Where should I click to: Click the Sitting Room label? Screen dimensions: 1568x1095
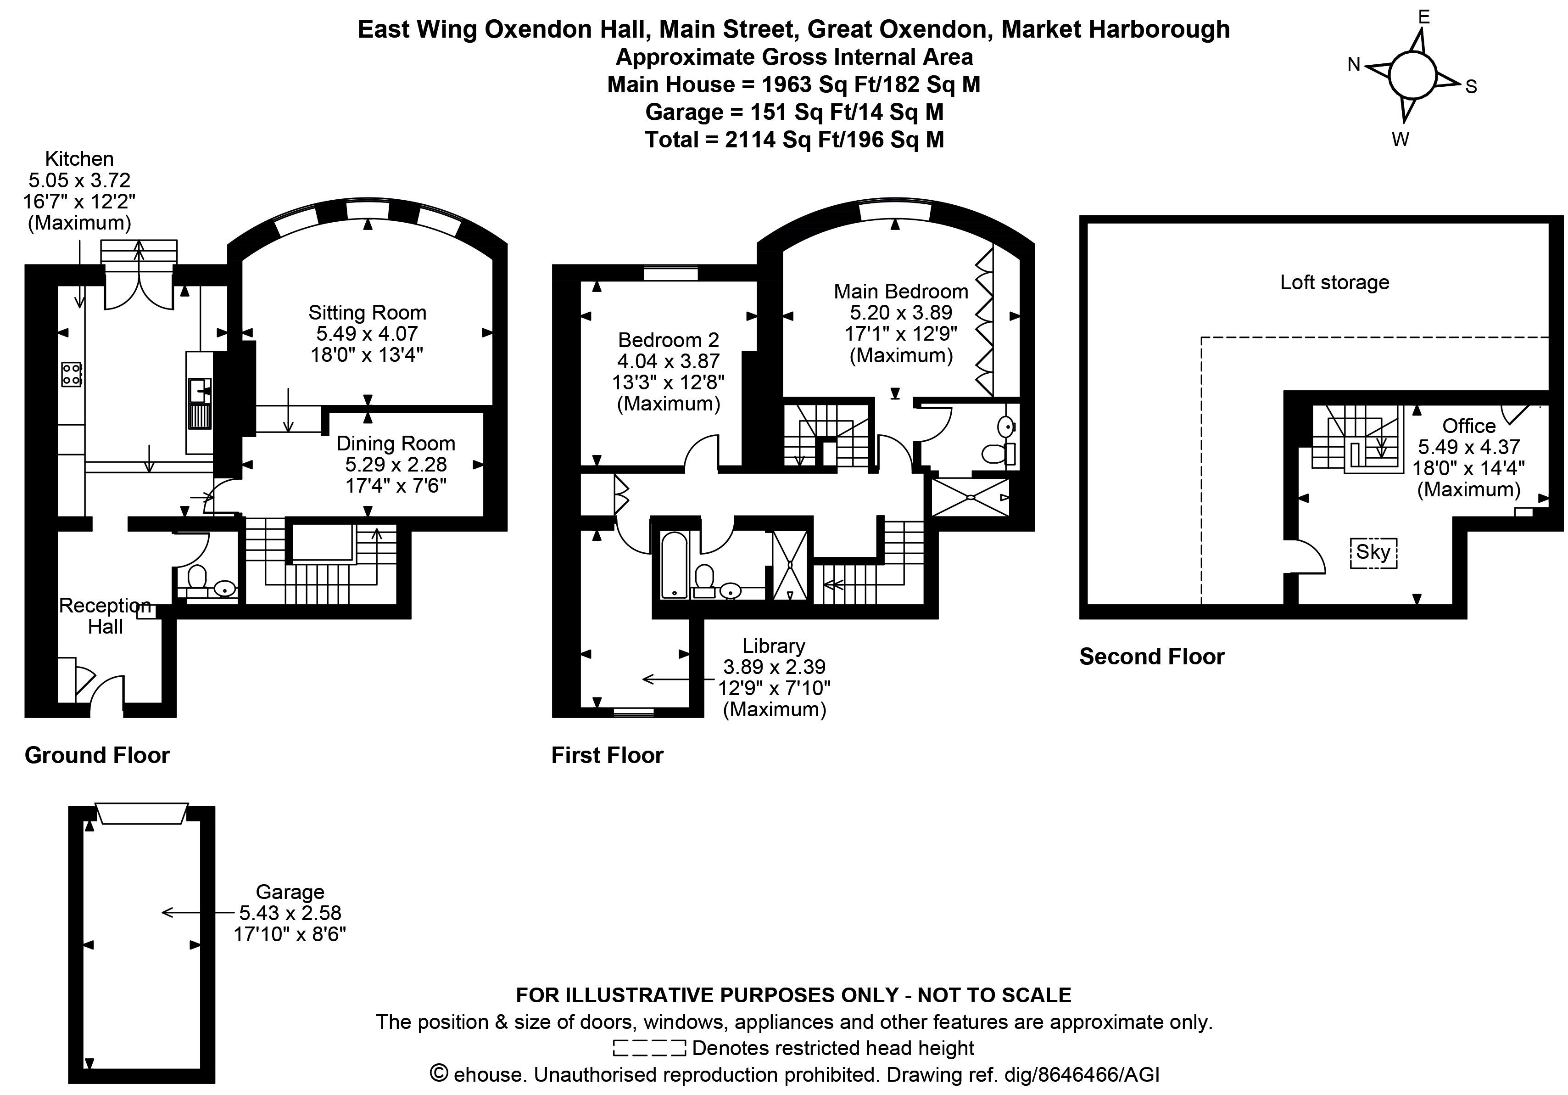[x=368, y=313]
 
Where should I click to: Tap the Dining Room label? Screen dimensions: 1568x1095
[x=396, y=444]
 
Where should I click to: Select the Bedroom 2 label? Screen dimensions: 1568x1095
[x=669, y=340]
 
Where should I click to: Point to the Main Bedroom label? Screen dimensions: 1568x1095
[x=901, y=292]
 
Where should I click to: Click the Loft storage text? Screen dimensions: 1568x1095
[x=1334, y=282]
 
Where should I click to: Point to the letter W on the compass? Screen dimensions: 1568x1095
[x=1401, y=140]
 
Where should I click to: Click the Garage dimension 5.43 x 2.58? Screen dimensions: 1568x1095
[x=290, y=913]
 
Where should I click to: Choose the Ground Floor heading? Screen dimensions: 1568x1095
[x=97, y=756]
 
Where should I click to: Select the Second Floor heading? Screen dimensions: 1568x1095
[x=1151, y=657]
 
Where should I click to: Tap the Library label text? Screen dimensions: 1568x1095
[x=774, y=646]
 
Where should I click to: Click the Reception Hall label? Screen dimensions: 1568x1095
[x=105, y=616]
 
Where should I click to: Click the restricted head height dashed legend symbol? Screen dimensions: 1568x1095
[x=649, y=1048]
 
